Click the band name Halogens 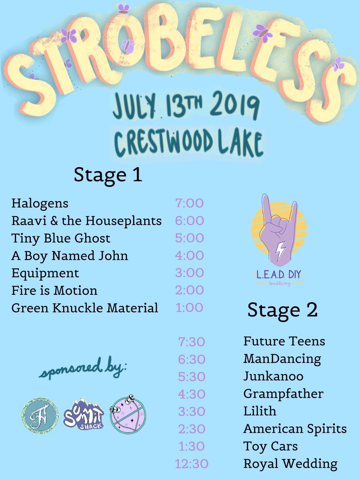40,203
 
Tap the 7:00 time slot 189,203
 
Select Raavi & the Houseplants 86,221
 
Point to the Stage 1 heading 108,175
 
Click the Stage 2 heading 282,310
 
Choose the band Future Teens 284,342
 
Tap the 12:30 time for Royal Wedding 192,464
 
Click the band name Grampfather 283,394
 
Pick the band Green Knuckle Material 85,308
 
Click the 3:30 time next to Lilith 191,412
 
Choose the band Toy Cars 270,446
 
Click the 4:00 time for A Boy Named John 189,256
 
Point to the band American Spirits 295,429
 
